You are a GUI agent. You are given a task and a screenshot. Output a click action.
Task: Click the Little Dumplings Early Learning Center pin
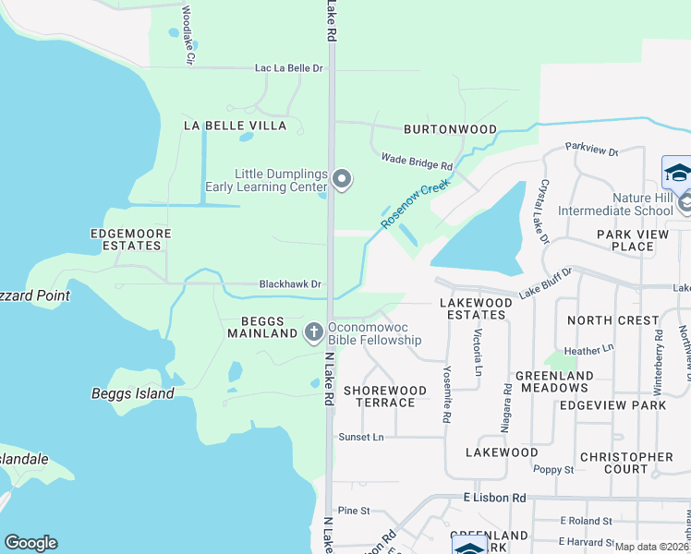(343, 179)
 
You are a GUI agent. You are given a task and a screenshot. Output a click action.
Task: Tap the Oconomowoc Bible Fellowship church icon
(313, 331)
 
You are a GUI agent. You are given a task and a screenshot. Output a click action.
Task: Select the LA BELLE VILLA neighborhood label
(235, 125)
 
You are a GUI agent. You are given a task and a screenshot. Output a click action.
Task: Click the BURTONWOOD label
(450, 130)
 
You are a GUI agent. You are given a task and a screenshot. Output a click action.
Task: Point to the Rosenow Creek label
(415, 204)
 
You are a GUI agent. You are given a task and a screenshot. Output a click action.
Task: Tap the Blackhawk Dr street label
(290, 284)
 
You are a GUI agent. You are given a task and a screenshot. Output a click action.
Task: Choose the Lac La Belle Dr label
(289, 68)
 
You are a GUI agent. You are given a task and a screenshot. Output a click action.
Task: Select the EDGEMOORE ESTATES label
(129, 240)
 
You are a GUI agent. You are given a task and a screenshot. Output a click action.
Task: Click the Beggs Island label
(132, 393)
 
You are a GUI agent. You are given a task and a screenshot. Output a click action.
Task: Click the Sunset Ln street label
(360, 437)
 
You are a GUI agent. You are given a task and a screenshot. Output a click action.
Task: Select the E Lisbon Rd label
(493, 498)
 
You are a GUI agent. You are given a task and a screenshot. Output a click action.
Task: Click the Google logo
(30, 543)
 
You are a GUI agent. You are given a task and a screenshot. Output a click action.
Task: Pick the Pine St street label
(354, 510)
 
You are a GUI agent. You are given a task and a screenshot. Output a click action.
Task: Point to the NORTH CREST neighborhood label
(613, 320)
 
